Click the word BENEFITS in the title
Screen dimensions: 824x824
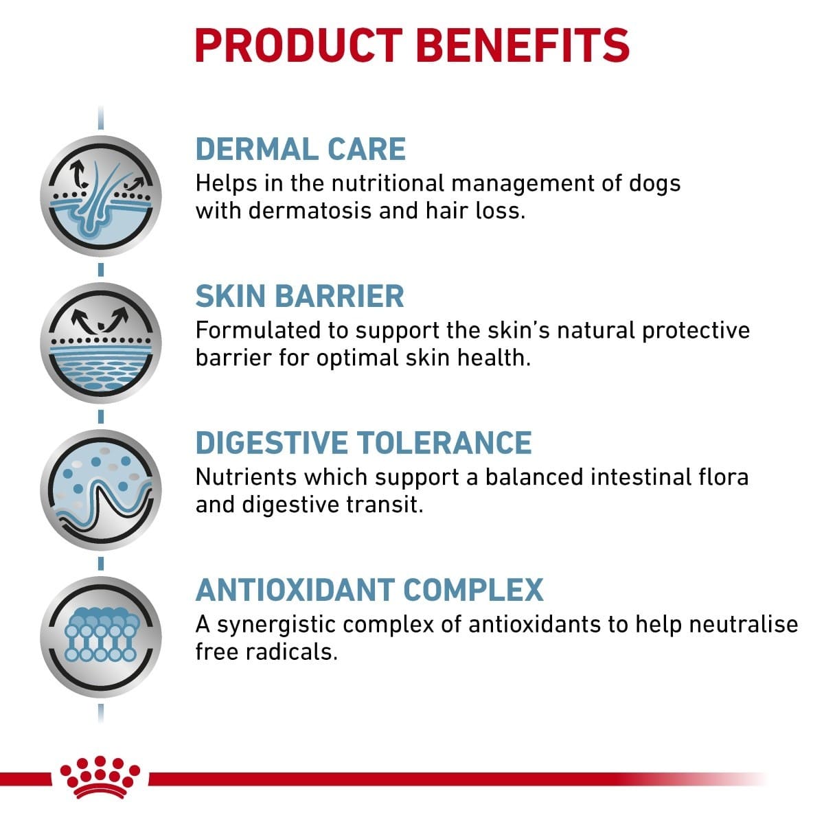tap(523, 45)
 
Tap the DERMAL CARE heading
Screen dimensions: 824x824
tap(301, 150)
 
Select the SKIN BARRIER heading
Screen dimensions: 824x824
tap(299, 297)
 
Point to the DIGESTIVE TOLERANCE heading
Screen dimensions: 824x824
tap(363, 443)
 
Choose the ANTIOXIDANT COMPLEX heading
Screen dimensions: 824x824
tap(369, 590)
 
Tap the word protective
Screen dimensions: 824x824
tap(696, 330)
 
